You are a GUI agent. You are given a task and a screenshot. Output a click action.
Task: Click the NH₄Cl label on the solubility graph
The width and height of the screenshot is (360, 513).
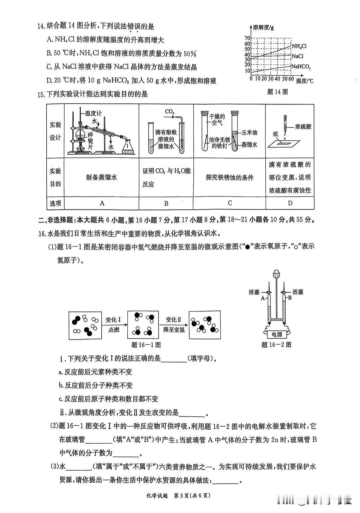coord(299,46)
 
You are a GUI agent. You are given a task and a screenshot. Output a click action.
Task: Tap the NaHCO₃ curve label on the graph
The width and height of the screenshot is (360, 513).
coord(301,67)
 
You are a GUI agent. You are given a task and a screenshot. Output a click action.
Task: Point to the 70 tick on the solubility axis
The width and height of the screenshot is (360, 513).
coord(247,38)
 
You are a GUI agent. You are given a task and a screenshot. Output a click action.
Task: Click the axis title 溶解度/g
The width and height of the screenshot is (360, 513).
coord(263,28)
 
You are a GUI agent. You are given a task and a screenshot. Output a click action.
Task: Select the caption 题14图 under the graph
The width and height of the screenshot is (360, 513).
coord(277,92)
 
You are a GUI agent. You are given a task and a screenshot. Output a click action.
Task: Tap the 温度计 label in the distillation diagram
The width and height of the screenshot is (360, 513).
coord(93,113)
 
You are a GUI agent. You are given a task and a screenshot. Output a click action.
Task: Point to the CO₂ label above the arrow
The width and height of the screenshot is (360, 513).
coord(170,112)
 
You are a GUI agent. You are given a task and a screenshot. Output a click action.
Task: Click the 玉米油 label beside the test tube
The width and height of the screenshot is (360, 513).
coord(249,133)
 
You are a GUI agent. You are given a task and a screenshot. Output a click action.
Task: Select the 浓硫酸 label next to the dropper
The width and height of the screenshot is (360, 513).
coord(303,127)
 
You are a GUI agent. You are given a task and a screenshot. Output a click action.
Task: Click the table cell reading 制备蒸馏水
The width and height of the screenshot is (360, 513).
coord(101,177)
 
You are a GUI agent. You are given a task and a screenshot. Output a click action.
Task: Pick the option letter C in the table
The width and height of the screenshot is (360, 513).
coord(230,203)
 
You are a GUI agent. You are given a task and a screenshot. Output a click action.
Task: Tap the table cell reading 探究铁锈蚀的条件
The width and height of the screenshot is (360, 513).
coord(230,177)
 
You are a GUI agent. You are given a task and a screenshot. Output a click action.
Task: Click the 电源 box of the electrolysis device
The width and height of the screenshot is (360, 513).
coord(277,335)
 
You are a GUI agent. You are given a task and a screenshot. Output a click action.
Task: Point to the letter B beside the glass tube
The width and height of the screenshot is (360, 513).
coord(290,298)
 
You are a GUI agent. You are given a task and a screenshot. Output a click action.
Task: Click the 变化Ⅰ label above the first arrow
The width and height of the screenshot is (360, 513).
coord(113,320)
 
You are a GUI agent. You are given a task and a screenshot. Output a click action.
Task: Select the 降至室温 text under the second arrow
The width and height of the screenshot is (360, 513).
coord(174,330)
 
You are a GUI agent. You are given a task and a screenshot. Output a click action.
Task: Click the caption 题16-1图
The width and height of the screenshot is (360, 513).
coord(146,345)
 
